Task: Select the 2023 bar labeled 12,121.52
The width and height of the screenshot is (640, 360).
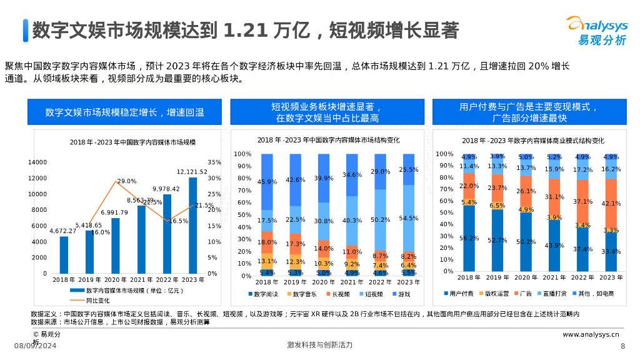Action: [x=192, y=226]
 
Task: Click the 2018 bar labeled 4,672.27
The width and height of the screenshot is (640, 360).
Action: [x=64, y=255]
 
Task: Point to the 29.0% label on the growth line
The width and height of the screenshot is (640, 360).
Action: [x=127, y=181]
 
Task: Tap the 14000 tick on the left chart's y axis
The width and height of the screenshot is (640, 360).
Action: [x=37, y=162]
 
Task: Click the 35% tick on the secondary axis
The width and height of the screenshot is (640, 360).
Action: [x=214, y=162]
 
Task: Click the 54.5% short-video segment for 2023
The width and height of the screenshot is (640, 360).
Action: [x=409, y=218]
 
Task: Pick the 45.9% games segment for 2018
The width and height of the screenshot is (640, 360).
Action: [x=267, y=182]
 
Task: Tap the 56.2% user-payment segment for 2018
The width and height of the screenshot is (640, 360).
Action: [x=469, y=238]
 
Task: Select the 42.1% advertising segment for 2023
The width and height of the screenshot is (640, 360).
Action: [x=611, y=204]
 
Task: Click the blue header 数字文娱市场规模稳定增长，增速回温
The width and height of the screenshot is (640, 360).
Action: [x=124, y=112]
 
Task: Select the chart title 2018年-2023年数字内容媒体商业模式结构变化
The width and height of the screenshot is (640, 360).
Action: [x=533, y=141]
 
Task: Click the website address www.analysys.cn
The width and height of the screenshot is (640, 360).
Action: [x=591, y=334]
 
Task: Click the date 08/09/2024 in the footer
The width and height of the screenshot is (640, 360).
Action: [x=36, y=346]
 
